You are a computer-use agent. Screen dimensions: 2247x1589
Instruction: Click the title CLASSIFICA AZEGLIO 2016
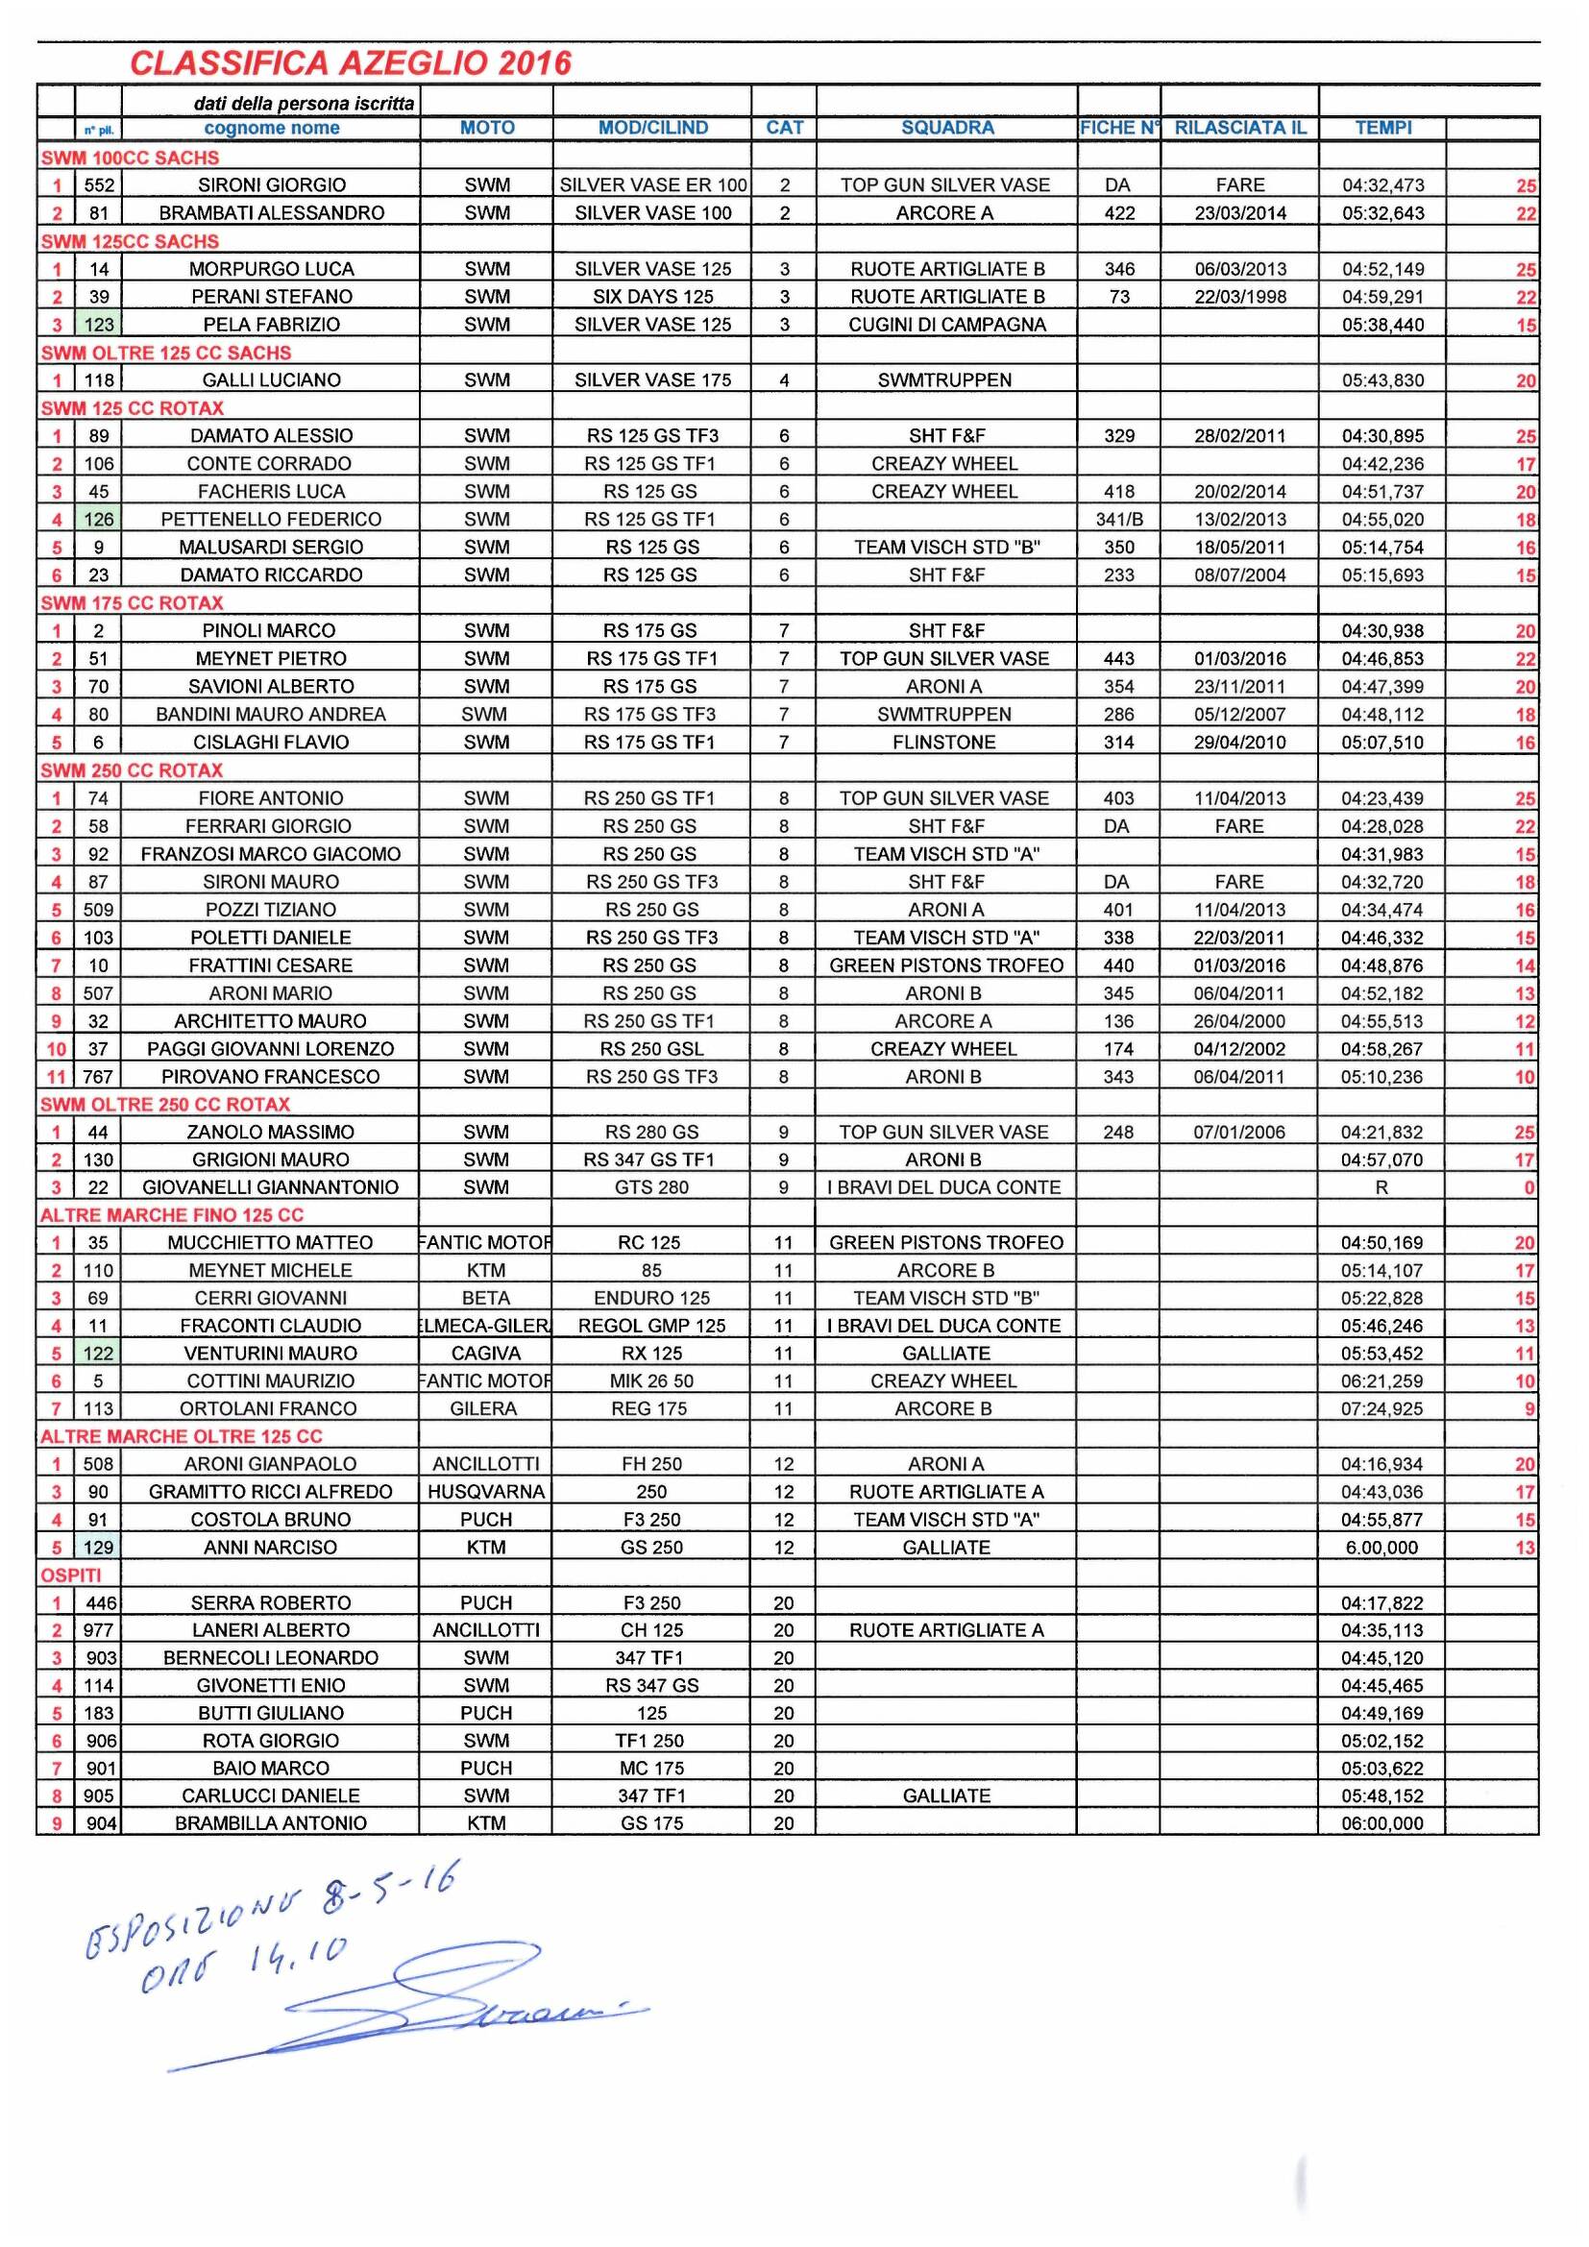[350, 63]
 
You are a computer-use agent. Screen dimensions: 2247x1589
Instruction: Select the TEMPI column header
[1382, 127]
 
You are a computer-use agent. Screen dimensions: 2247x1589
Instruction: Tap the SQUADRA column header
[946, 127]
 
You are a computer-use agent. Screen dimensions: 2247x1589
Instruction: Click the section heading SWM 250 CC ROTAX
[131, 770]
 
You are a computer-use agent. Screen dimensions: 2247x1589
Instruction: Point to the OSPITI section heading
[70, 1575]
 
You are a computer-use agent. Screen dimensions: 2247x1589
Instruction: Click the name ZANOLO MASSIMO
[271, 1133]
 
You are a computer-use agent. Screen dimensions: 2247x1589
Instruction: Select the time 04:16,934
[1381, 1464]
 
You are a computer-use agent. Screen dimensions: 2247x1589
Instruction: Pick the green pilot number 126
[98, 519]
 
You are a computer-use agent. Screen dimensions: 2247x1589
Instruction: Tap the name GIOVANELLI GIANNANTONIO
[271, 1187]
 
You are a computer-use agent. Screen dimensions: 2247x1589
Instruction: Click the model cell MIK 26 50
[650, 1380]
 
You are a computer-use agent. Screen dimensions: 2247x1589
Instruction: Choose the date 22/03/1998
[1239, 297]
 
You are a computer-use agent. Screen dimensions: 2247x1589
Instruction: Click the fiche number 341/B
[1118, 519]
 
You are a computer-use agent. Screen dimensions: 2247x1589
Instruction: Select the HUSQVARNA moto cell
[486, 1492]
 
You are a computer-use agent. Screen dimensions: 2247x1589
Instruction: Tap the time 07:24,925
[1381, 1408]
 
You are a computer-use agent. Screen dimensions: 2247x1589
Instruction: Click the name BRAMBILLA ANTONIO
[271, 1823]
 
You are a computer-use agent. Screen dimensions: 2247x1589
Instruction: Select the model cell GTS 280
[650, 1187]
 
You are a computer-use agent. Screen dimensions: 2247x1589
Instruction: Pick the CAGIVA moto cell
[486, 1354]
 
